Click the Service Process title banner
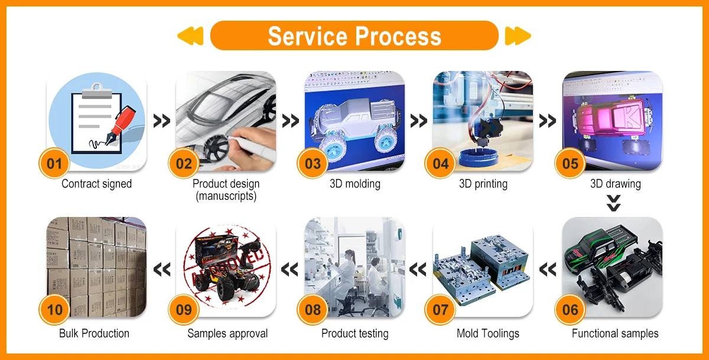pyautogui.click(x=354, y=36)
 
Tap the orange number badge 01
pyautogui.click(x=54, y=163)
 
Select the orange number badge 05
pyautogui.click(x=570, y=163)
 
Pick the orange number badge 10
pyautogui.click(x=54, y=310)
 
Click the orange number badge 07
pyautogui.click(x=441, y=310)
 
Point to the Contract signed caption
pyautogui.click(x=96, y=184)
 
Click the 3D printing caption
pyautogui.click(x=483, y=184)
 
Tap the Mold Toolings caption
pyautogui.click(x=487, y=333)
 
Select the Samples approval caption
pyautogui.click(x=227, y=333)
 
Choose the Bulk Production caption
pyautogui.click(x=94, y=333)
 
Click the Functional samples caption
pyautogui.click(x=614, y=333)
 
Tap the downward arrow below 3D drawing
pyautogui.click(x=614, y=203)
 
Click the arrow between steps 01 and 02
pyautogui.click(x=161, y=121)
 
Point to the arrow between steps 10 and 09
pyautogui.click(x=161, y=270)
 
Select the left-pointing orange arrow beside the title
pyautogui.click(x=190, y=36)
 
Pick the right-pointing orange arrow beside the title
pyautogui.click(x=518, y=36)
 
